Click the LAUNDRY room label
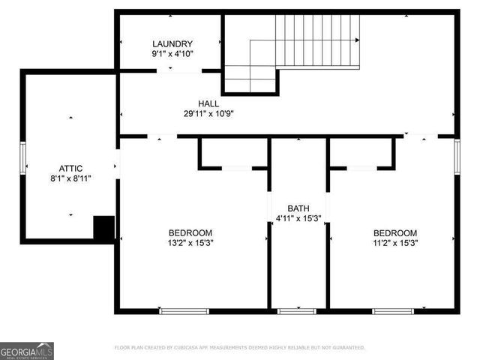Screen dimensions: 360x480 coord(172,44)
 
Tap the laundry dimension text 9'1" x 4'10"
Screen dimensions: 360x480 coord(172,55)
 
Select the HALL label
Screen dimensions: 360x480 coord(208,103)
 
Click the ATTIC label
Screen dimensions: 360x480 coord(70,169)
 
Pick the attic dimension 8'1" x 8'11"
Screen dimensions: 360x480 coord(70,179)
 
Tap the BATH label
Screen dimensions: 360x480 coord(298,208)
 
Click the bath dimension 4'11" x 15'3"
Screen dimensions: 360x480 coord(298,218)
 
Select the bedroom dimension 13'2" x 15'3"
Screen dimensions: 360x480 coord(190,243)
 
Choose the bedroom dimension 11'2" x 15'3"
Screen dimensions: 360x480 coord(395,243)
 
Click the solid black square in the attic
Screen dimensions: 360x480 coord(103,227)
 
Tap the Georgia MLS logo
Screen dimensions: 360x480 coord(27,350)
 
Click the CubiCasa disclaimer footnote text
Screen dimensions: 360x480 coord(240,347)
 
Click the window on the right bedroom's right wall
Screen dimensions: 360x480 coord(457,157)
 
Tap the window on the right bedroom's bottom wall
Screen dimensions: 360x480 coord(393,310)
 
